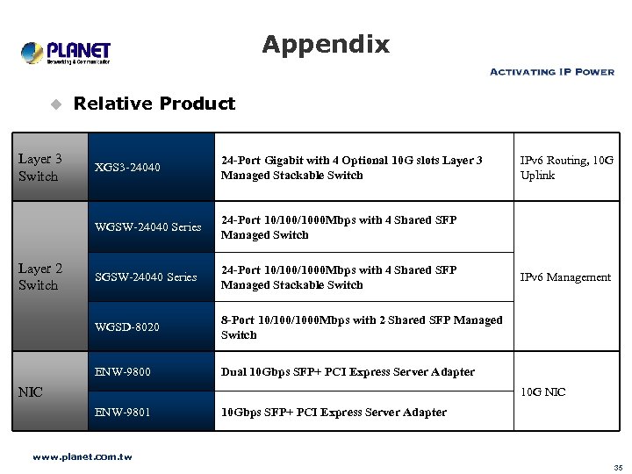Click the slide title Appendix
click(x=325, y=44)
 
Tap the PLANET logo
click(x=66, y=53)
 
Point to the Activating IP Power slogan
click(x=551, y=72)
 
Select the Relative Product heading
click(x=154, y=104)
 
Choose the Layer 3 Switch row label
click(x=39, y=168)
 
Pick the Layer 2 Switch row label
click(x=39, y=276)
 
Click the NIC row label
click(x=31, y=391)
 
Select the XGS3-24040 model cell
click(x=127, y=167)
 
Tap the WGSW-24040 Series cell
click(x=147, y=227)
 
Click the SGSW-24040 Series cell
click(x=146, y=277)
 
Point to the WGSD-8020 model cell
click(x=127, y=327)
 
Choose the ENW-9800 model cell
click(x=123, y=371)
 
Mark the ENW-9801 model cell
click(x=123, y=412)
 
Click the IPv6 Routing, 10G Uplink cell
click(x=566, y=168)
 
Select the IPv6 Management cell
click(x=565, y=277)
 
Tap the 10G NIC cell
click(x=542, y=391)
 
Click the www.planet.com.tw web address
click(x=82, y=457)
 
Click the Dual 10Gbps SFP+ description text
click(x=348, y=372)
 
